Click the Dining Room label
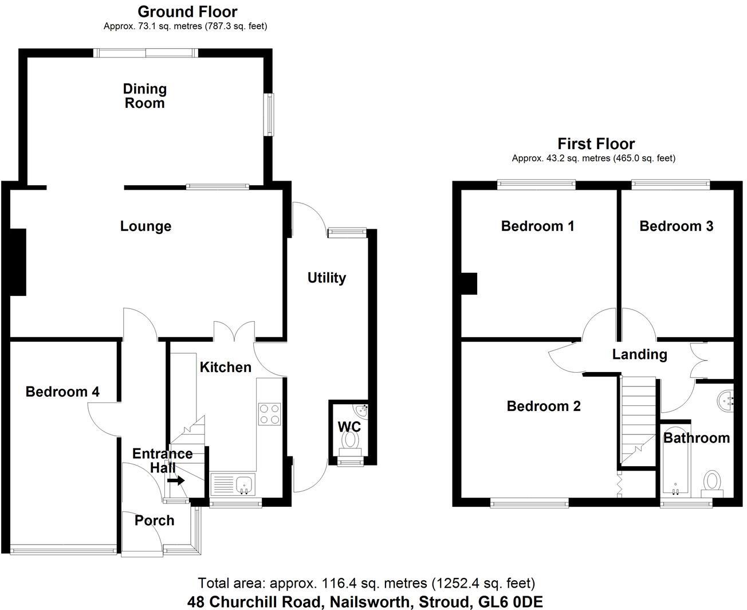[145, 96]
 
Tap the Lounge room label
[146, 226]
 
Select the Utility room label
[327, 278]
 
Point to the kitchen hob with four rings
[270, 414]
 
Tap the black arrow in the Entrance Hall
[176, 480]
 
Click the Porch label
[155, 521]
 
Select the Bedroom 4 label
[62, 392]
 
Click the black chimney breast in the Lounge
[18, 262]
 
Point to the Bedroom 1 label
[537, 226]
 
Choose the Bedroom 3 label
[676, 226]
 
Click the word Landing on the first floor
[640, 354]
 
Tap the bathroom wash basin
[726, 401]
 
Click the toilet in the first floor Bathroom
[712, 484]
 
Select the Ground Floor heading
[187, 11]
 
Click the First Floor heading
[596, 144]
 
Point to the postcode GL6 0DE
[511, 602]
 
